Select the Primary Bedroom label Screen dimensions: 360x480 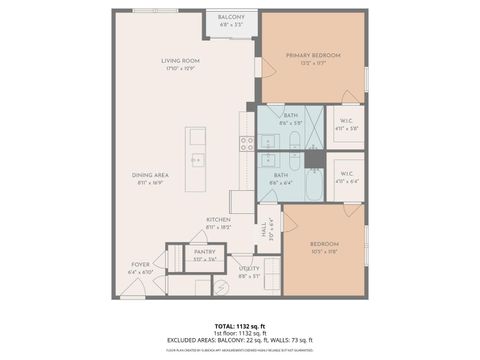click(x=313, y=55)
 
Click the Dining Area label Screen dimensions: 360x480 click(x=150, y=176)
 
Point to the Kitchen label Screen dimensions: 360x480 click(x=218, y=220)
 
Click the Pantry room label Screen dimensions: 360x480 click(x=204, y=252)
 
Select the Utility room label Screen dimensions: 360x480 click(x=249, y=268)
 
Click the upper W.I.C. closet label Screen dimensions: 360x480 click(x=348, y=124)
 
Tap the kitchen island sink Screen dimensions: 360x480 click(x=196, y=159)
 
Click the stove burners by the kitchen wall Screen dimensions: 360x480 click(x=247, y=143)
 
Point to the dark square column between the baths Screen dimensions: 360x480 click(x=314, y=158)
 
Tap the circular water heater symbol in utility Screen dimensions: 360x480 click(x=222, y=287)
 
